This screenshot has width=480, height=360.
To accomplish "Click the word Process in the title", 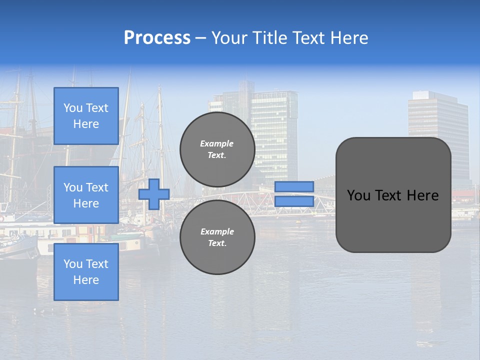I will point(157,38).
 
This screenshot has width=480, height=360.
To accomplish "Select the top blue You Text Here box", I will point(86,116).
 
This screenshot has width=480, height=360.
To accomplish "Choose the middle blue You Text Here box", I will point(86,195).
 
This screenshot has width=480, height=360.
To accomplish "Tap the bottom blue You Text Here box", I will point(86,272).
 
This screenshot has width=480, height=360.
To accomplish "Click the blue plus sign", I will point(154,194).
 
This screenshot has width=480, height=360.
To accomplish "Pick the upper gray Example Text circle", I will point(217,149).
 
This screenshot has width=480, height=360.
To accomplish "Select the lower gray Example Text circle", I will point(217,237).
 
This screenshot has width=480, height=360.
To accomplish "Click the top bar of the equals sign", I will point(294,186).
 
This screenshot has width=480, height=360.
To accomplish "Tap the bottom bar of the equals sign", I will point(294,201).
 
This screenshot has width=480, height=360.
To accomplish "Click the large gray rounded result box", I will point(393,220).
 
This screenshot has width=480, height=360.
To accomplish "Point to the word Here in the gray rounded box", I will point(423,195).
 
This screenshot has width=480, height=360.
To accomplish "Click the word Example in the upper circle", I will point(217,143).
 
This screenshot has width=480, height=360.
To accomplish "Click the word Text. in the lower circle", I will point(217,243).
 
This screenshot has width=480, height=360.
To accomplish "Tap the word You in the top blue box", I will point(72,108).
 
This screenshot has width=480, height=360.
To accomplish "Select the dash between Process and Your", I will point(201,38).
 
